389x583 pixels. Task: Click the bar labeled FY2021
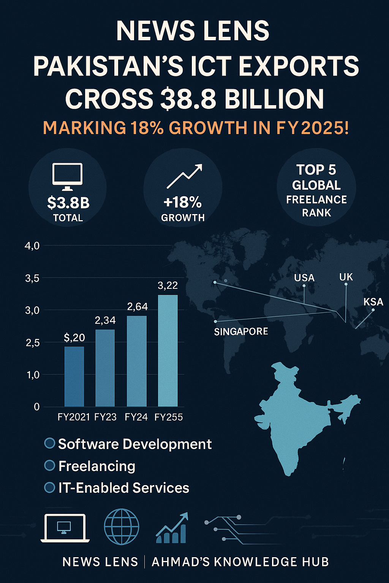74,377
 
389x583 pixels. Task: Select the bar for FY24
136,361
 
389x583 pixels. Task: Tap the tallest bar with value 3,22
168,351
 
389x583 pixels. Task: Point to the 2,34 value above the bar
105,321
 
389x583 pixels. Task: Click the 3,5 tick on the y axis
32,278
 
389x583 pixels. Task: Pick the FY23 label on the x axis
105,417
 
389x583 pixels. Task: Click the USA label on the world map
304,278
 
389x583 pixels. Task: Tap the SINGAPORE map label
241,331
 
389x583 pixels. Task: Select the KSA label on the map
373,302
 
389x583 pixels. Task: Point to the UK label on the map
346,277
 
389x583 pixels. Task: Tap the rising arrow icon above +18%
184,176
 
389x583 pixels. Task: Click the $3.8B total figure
68,203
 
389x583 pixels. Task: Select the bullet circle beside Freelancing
50,465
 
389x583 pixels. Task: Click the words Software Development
135,444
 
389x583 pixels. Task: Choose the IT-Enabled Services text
123,488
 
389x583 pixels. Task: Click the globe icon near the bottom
122,527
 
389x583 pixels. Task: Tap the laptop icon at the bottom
65,528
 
